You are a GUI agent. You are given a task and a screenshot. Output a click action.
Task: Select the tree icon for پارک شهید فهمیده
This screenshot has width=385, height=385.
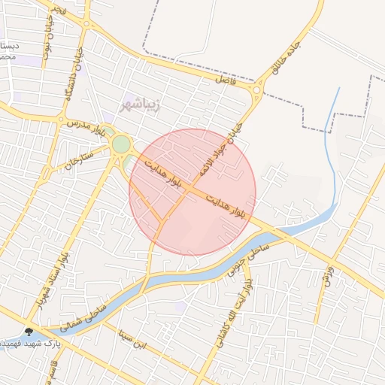pos(29,331)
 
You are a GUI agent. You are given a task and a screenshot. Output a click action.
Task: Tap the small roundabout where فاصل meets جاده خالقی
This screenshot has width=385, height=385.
pos(257,92)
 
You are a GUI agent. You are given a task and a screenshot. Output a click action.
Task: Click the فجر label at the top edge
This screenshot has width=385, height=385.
pos(60,9)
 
